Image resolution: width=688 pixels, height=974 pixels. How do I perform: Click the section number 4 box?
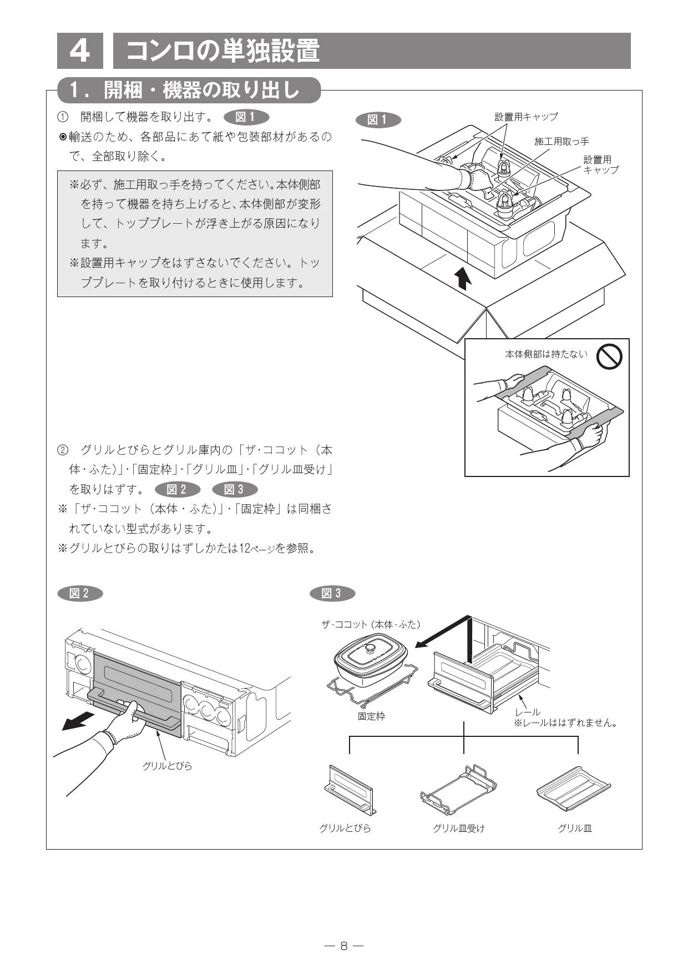click(80, 51)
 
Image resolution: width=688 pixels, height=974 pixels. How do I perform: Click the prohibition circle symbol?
click(609, 356)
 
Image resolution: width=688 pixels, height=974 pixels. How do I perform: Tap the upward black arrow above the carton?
click(462, 278)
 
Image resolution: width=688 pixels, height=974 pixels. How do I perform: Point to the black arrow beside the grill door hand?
click(77, 721)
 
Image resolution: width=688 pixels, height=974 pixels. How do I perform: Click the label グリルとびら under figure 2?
click(167, 766)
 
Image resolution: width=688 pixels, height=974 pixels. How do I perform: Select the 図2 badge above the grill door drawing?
click(80, 593)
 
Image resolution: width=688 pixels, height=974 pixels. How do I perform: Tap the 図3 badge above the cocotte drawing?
click(332, 593)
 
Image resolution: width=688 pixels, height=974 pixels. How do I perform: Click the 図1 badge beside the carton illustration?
click(377, 120)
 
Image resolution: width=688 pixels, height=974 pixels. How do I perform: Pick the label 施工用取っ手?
click(561, 142)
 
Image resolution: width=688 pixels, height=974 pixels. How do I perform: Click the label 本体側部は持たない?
click(546, 354)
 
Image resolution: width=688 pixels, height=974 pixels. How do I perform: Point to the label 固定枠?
click(371, 716)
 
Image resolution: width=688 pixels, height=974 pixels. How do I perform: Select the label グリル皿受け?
click(458, 828)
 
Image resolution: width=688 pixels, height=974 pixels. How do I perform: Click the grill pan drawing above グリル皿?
click(574, 789)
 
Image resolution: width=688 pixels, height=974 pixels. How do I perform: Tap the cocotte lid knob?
click(370, 647)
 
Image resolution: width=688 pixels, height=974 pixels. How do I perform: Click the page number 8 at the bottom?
click(344, 946)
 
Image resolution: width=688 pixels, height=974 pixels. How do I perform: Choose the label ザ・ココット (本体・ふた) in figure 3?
click(371, 624)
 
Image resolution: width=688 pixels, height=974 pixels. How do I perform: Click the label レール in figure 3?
click(527, 712)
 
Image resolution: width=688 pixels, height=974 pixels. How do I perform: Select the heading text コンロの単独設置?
click(223, 51)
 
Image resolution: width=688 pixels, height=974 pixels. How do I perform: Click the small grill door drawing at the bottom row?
click(349, 790)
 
